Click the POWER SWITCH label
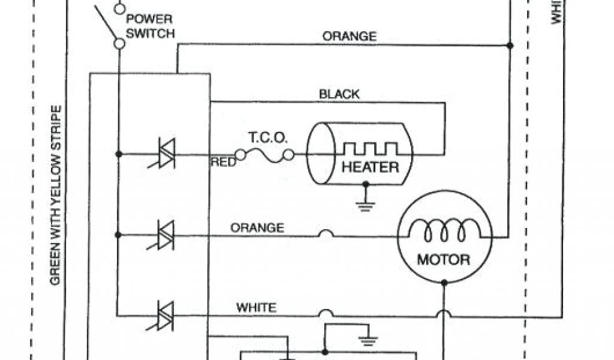click(x=150, y=26)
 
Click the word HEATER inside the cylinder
click(x=370, y=167)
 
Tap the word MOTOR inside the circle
click(x=444, y=260)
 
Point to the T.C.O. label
click(x=268, y=138)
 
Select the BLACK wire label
click(x=339, y=94)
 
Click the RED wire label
click(x=222, y=161)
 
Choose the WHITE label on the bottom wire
click(x=257, y=308)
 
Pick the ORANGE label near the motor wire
click(x=257, y=228)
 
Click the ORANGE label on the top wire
click(x=350, y=37)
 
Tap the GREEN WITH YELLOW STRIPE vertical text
click(x=55, y=195)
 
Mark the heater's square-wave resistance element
click(x=370, y=149)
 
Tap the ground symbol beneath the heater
click(x=364, y=203)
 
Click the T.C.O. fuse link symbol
click(x=264, y=155)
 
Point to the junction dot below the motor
click(x=444, y=282)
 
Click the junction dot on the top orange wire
click(x=510, y=45)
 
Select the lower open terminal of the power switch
click(x=119, y=43)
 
